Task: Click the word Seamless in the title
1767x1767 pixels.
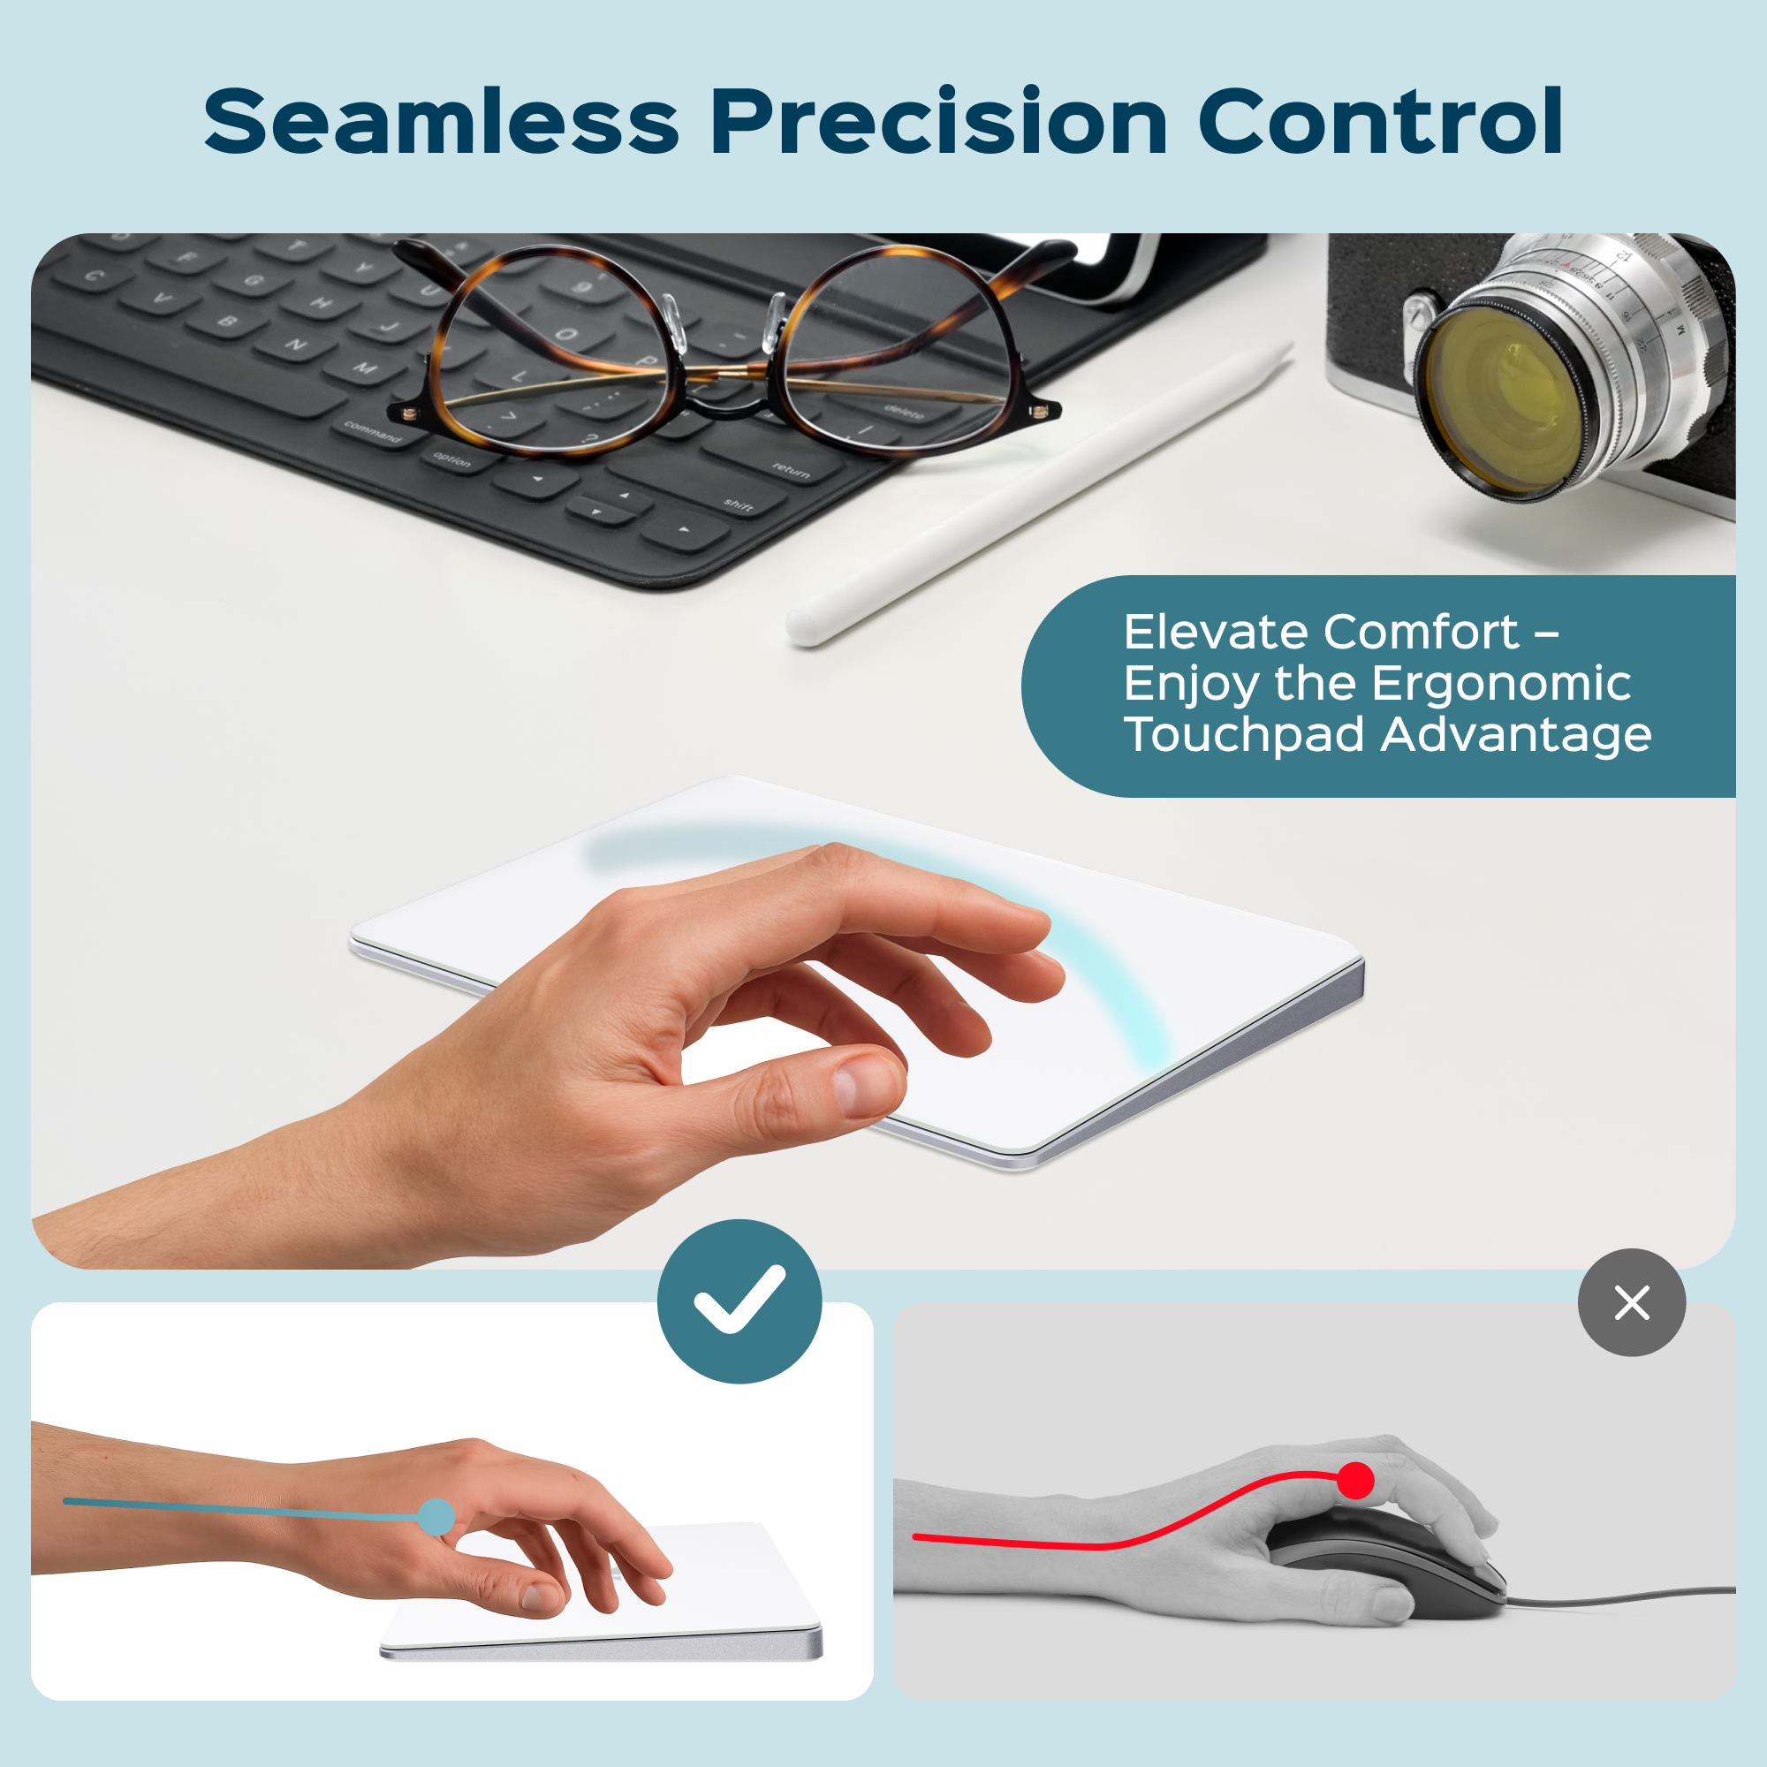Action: pos(441,122)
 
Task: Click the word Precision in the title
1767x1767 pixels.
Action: pos(939,122)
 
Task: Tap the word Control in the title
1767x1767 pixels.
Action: pos(1379,122)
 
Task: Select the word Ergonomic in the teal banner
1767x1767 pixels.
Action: pos(1501,683)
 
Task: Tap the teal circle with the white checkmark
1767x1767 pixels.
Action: pos(739,1301)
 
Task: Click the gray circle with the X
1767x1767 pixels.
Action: pos(1632,1302)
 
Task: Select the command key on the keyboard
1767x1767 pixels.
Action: pos(373,432)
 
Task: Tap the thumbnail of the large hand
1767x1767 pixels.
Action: pos(859,1088)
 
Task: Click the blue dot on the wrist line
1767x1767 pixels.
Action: pos(436,1517)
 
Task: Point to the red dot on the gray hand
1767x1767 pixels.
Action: pos(1354,1481)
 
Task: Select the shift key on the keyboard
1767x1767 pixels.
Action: pos(739,504)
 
